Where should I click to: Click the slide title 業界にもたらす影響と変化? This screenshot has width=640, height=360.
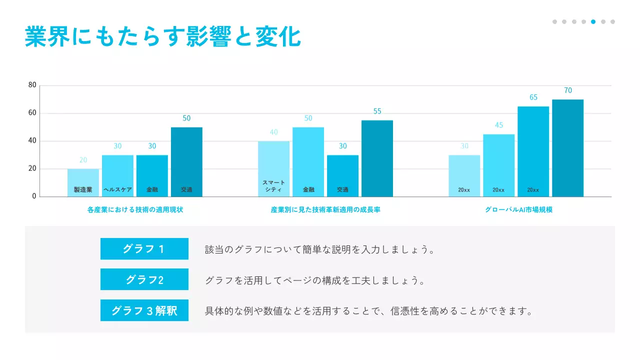tap(162, 37)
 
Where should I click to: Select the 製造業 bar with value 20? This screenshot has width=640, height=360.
tap(83, 182)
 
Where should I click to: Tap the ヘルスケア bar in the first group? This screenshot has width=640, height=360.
tap(117, 175)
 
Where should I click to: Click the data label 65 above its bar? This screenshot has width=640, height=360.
tap(533, 97)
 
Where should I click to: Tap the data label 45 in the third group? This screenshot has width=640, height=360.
tap(499, 125)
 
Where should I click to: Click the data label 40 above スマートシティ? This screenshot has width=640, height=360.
tap(273, 132)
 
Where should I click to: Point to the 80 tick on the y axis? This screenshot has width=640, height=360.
tap(32, 85)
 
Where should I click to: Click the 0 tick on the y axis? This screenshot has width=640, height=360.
tap(34, 196)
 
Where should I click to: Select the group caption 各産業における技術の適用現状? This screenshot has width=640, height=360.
tap(135, 210)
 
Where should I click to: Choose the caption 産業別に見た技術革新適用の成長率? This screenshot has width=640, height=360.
tap(325, 210)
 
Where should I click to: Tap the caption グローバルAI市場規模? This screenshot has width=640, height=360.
tap(518, 210)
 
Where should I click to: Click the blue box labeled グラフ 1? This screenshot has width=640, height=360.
tap(144, 249)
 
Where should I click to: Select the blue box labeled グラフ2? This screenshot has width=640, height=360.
tap(144, 279)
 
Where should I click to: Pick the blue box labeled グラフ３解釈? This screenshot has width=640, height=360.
tap(144, 310)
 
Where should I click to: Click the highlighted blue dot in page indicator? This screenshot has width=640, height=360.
tap(593, 21)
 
